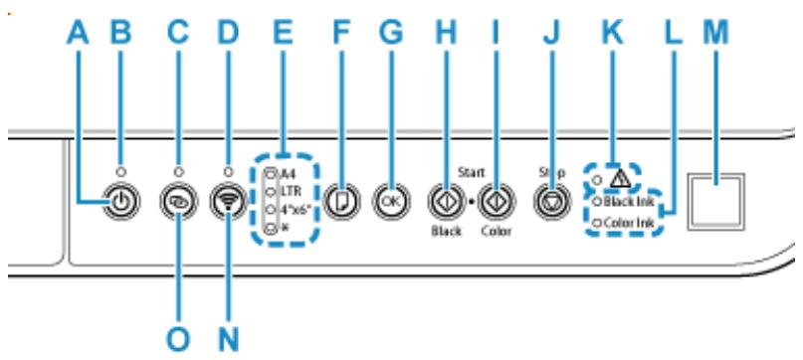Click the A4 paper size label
pos(276,173)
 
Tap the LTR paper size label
pos(277,190)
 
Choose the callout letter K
pos(613,35)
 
